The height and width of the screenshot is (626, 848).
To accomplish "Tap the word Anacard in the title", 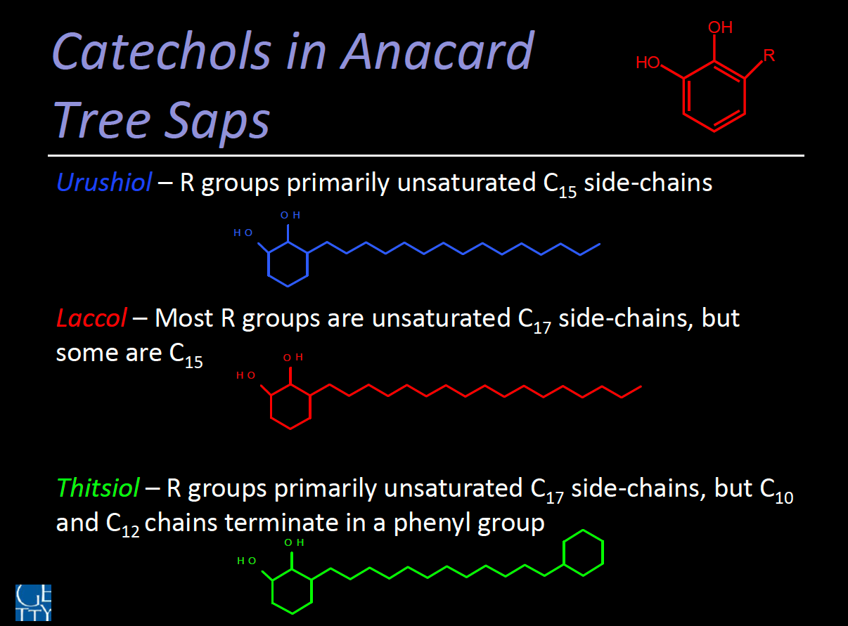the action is tap(437, 51).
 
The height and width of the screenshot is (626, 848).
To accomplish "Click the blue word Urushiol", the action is tap(104, 182).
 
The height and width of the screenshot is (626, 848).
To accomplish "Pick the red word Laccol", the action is tap(91, 318).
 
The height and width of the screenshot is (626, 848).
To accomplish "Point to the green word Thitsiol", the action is tap(98, 488).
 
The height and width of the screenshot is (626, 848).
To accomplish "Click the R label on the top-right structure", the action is tap(769, 56).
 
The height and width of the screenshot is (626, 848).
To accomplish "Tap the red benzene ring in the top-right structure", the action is tap(683, 96).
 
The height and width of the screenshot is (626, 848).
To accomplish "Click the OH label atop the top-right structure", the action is tap(720, 27).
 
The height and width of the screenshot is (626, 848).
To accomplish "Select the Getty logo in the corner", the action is tap(33, 602).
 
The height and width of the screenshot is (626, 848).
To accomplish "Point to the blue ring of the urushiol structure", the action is tap(269, 263).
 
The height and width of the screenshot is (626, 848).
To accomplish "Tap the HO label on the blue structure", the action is tap(243, 233).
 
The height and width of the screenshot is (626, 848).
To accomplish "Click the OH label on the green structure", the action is tap(294, 542).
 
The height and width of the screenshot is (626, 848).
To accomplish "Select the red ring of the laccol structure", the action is tap(271, 407).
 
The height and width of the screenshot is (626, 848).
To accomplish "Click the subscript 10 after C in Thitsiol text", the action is tap(784, 498).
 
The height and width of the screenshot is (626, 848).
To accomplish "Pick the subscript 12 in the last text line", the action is tap(130, 532).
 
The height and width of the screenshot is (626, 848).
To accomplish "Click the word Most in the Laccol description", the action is tap(184, 318).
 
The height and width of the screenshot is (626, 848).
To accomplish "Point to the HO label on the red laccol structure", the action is tap(246, 375).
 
